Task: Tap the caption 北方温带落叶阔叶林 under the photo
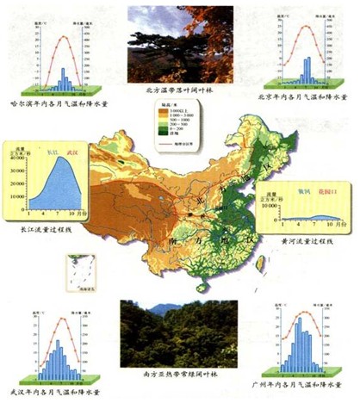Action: [179, 88]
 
